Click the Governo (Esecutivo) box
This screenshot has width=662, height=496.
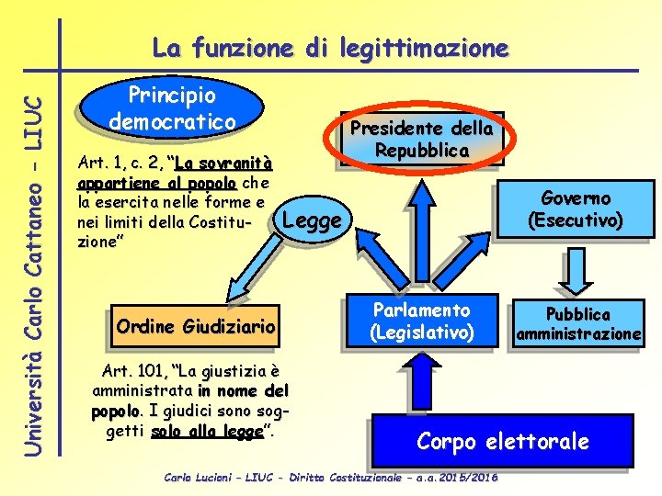(x=576, y=209)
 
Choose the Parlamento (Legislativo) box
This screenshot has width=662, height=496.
(x=422, y=321)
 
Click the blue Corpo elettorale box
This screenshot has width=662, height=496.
(x=502, y=441)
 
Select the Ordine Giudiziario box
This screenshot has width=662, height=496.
(x=196, y=326)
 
